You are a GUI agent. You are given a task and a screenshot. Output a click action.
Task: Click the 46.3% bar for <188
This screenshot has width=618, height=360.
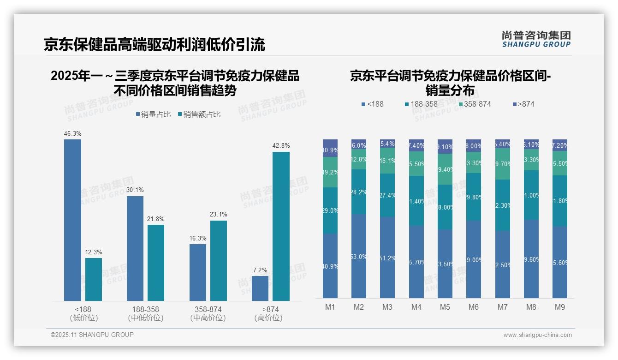72,220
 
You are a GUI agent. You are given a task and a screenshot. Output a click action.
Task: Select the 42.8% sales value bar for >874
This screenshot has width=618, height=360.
281,226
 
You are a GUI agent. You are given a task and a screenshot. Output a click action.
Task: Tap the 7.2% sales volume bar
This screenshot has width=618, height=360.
260,288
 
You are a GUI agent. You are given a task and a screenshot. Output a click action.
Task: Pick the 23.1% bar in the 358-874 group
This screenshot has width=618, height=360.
219,261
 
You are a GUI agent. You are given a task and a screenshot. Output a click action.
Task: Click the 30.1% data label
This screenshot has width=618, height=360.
135,190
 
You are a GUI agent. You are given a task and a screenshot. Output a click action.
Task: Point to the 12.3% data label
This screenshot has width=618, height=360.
94,252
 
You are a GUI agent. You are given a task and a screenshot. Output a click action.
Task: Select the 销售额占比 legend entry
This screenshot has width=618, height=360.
199,114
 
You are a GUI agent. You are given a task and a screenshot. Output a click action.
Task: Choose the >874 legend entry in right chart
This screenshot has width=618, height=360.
523,104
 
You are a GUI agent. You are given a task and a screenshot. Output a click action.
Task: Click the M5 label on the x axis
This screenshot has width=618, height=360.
445,307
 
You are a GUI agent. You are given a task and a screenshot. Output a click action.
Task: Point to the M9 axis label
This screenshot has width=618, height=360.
559,307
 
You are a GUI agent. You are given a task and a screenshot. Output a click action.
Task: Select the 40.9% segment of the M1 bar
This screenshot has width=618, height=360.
330,266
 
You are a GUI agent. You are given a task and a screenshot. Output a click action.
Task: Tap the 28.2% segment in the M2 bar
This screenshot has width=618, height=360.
359,192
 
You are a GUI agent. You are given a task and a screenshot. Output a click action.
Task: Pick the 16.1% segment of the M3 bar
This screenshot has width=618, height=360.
387,161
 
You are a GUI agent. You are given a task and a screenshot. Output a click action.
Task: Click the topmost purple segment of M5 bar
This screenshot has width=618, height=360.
445,146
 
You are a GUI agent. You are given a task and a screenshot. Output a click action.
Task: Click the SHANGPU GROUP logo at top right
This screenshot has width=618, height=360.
536,39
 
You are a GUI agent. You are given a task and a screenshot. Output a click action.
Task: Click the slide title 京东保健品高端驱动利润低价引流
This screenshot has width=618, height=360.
154,45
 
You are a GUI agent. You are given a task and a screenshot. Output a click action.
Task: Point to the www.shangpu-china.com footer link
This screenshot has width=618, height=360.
537,335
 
